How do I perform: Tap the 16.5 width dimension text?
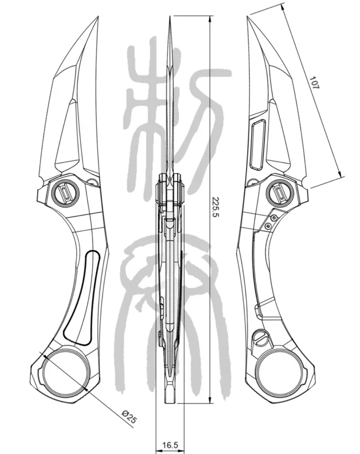[x=170, y=445]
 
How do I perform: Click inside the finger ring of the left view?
[x=65, y=371]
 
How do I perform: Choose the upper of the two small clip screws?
[x=273, y=218]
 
